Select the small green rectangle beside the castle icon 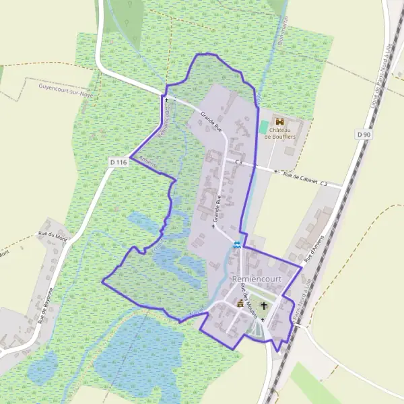pos(263,127)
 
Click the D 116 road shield pos(118,162)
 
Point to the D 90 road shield pos(364,135)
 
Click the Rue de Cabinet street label pos(300,177)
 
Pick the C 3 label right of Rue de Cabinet pos(324,183)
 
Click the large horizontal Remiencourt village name pos(255,278)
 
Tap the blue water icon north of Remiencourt pos(236,244)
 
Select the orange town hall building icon pos(239,304)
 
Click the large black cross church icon pos(264,306)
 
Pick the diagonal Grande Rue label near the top pos(210,123)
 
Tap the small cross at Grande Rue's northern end pos(166,100)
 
